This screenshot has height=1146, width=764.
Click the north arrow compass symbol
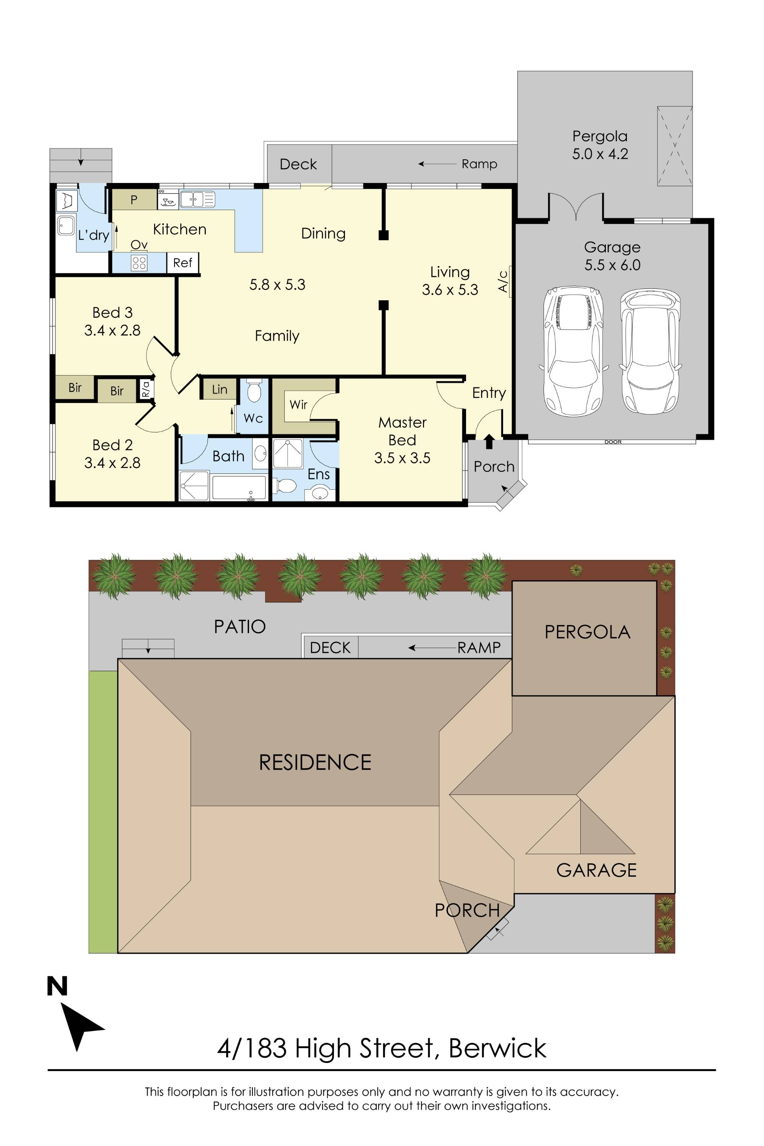pyautogui.click(x=78, y=1022)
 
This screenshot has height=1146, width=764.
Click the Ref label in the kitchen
pyautogui.click(x=183, y=263)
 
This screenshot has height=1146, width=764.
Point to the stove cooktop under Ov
pyautogui.click(x=139, y=263)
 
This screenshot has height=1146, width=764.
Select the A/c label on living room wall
pyautogui.click(x=503, y=281)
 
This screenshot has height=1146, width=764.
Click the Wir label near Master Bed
pyautogui.click(x=298, y=405)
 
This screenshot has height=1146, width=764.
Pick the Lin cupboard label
pyautogui.click(x=219, y=389)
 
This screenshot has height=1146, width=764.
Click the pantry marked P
pyautogui.click(x=134, y=199)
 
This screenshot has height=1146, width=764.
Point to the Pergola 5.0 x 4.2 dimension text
pyautogui.click(x=600, y=145)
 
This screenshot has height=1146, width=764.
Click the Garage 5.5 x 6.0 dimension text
pyautogui.click(x=612, y=256)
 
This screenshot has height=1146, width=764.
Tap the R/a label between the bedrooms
pyautogui.click(x=146, y=389)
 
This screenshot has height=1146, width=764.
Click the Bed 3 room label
pyautogui.click(x=113, y=312)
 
